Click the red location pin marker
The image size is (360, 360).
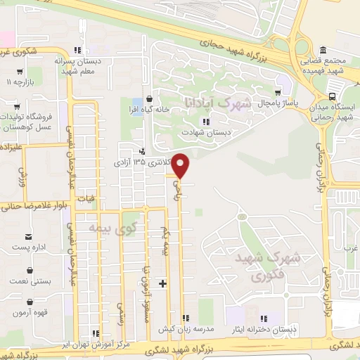click(x=181, y=165)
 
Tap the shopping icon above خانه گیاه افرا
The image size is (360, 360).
click(x=149, y=98)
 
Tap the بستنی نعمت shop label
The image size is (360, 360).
click(x=30, y=281)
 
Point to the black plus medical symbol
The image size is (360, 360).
click(x=163, y=283)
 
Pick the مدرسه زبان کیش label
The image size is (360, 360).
click(x=186, y=329)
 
